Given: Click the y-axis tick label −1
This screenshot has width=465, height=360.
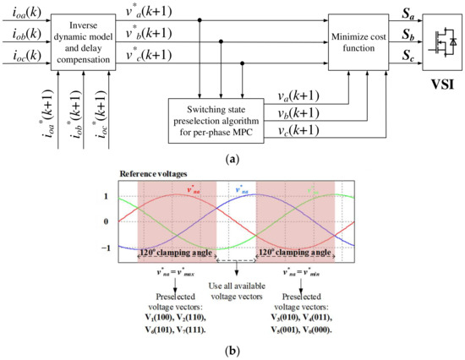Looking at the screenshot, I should (106, 248).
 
